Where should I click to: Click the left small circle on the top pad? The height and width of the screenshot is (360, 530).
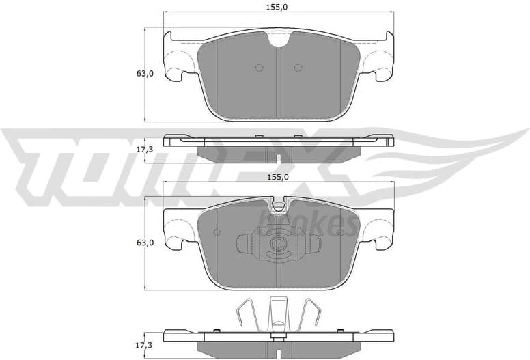(x=258, y=67)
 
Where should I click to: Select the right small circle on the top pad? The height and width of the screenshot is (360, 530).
(x=297, y=67)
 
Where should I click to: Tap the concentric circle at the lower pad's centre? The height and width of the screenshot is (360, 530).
(x=278, y=245)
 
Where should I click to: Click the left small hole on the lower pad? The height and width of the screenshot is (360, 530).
(x=217, y=232)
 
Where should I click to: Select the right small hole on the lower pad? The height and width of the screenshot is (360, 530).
(x=339, y=232)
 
